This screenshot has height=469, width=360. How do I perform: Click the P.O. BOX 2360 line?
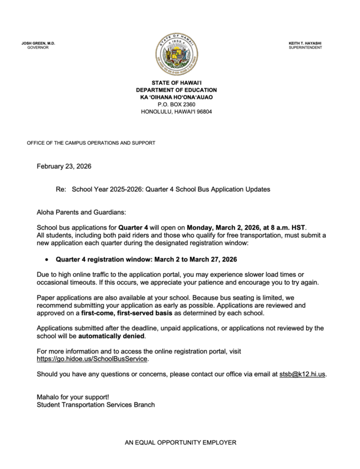(x=179, y=104)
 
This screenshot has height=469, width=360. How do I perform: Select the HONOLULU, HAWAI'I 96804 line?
(x=179, y=111)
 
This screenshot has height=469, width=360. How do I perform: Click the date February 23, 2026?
(x=64, y=166)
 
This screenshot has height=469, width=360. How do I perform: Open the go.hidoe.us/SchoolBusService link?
(x=93, y=358)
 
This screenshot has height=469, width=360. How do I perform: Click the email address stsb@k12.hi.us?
(x=301, y=373)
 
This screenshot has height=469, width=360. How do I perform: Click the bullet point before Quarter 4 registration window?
(x=46, y=259)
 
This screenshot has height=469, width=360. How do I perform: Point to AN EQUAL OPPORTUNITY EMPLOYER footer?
(x=179, y=443)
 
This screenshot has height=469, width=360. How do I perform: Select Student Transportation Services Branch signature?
(x=96, y=405)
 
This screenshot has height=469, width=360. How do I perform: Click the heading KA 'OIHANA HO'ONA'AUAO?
(x=179, y=97)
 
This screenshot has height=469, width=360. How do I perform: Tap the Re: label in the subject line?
(x=61, y=190)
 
